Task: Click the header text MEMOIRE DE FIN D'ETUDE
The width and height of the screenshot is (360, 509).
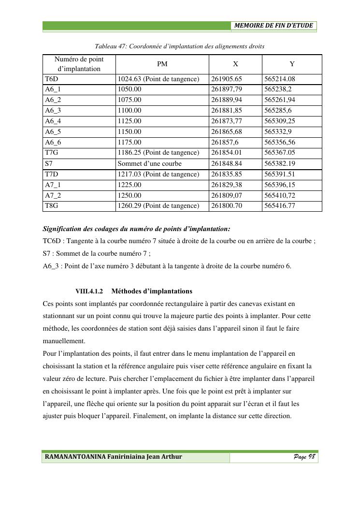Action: [274, 26]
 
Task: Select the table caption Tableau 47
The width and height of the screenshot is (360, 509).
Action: [179, 46]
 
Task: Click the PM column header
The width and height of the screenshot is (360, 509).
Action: [162, 64]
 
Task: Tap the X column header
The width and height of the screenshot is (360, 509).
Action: [235, 64]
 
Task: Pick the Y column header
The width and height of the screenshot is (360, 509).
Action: [292, 64]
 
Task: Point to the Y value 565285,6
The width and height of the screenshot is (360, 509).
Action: [278, 111]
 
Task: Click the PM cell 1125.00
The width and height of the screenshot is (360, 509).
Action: [130, 121]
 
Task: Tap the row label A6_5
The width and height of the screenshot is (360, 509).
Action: [53, 132]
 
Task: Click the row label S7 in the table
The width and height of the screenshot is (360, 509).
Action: [49, 163]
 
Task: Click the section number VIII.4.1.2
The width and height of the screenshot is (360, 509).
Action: [89, 291]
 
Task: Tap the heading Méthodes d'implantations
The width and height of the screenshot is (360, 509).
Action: [152, 291]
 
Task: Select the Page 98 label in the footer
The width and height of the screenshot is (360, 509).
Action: [304, 457]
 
